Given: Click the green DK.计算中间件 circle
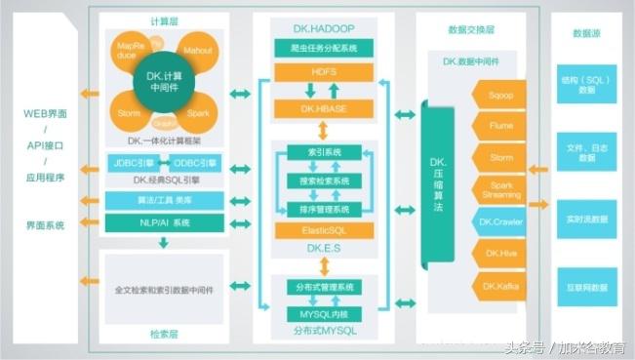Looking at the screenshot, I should (163, 85).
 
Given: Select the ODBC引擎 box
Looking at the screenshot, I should (196, 162).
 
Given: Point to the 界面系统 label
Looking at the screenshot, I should (45, 225).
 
